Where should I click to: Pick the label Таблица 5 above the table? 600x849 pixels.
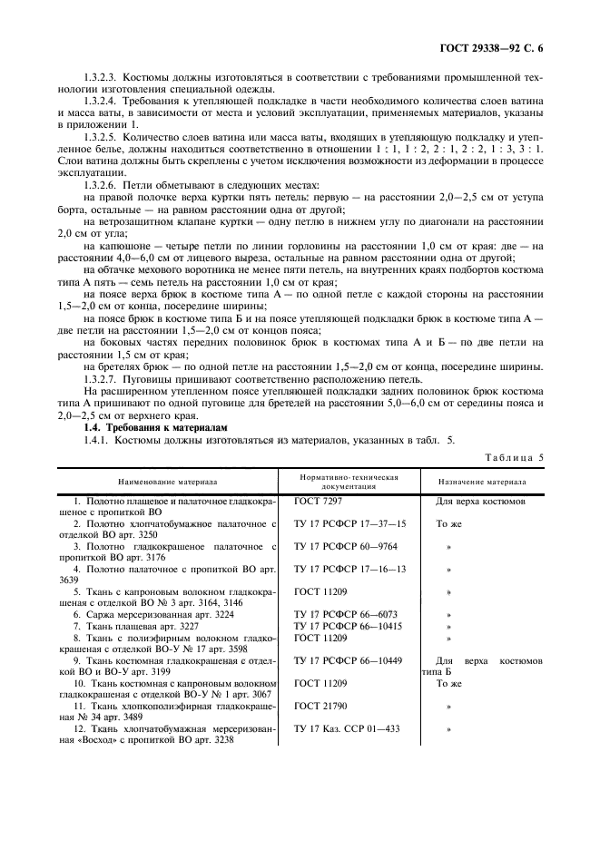pyautogui.click(x=512, y=457)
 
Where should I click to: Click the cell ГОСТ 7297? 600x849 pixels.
pyautogui.click(x=318, y=501)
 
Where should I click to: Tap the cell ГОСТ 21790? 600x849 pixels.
pyautogui.click(x=320, y=704)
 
